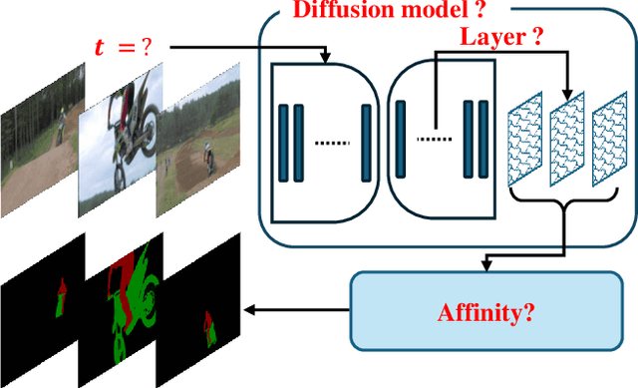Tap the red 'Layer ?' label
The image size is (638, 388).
click(500, 38)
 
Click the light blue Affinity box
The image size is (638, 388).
click(485, 312)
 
